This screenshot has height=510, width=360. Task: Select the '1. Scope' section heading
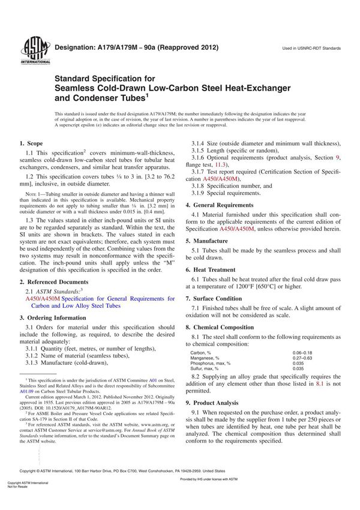click(x=31, y=161)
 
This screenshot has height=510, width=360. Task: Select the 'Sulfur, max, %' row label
click(x=208, y=368)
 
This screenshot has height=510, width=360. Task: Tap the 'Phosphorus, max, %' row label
click(x=214, y=363)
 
